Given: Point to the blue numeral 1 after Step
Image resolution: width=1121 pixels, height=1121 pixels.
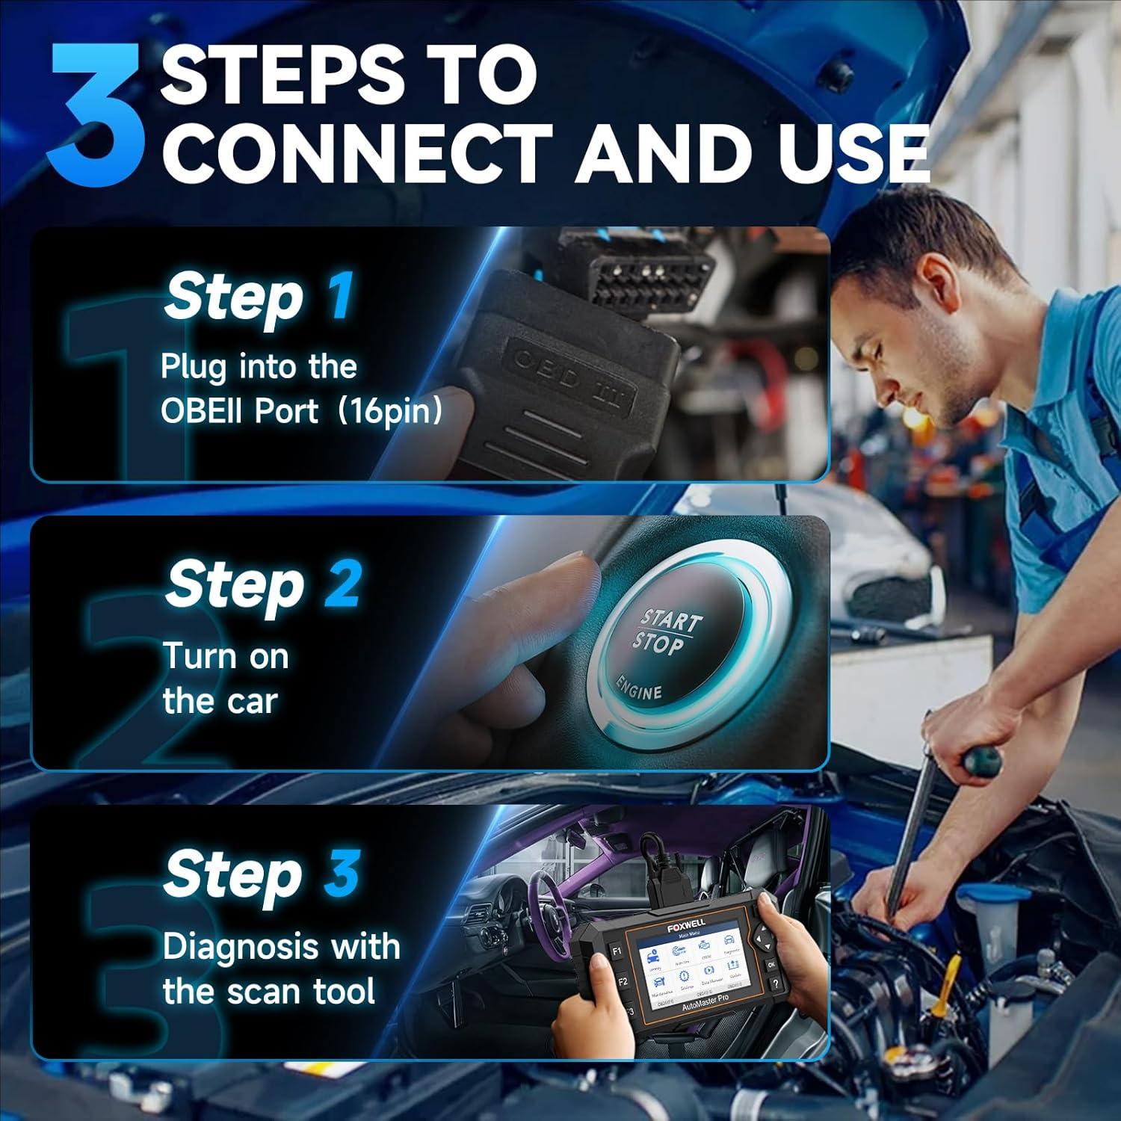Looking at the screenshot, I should click(340, 296).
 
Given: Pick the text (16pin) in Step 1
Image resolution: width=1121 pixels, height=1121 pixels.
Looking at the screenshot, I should click(389, 411).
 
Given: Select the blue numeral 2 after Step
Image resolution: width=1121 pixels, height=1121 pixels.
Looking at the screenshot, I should click(343, 584).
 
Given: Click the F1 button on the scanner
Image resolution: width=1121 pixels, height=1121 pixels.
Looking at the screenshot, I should click(617, 952).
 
